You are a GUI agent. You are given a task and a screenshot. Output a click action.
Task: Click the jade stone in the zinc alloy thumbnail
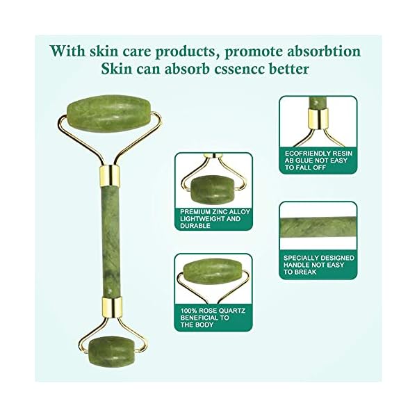[212, 187]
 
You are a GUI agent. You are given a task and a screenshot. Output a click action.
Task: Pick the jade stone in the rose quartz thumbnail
[213, 272]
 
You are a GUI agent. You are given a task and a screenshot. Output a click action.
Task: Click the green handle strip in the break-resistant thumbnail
[318, 227]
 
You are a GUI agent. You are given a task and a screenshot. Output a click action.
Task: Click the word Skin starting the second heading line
[117, 70]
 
